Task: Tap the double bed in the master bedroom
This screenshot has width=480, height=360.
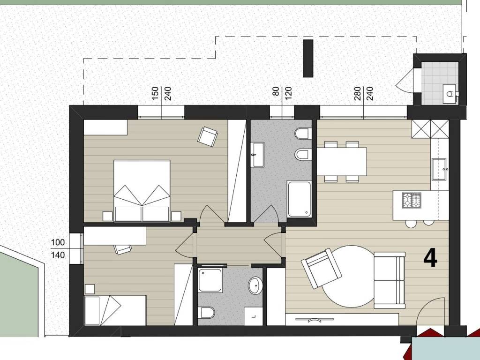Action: click(x=142, y=190)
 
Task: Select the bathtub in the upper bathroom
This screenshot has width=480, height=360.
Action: click(x=299, y=199)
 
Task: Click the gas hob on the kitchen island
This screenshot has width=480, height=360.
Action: click(x=412, y=200)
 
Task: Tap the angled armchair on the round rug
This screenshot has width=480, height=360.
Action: click(x=322, y=268)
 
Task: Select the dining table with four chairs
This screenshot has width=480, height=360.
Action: click(x=342, y=161)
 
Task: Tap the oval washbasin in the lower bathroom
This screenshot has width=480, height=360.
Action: click(x=255, y=285)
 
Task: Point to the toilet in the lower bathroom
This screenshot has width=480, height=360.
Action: click(x=206, y=313)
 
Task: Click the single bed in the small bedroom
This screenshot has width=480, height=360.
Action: click(x=115, y=310)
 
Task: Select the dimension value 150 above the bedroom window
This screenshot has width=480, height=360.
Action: click(x=155, y=93)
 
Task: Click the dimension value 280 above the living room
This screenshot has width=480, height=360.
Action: click(x=357, y=93)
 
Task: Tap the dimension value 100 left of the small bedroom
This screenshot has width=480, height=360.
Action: click(x=58, y=242)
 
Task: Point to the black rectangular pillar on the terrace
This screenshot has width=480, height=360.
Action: click(x=308, y=58)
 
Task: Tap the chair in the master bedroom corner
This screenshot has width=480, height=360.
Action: click(x=208, y=137)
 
